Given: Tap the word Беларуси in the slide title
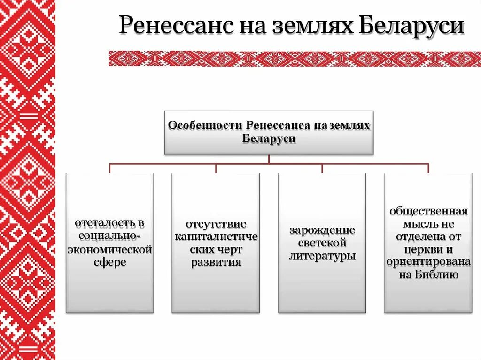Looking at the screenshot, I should pos(412,26).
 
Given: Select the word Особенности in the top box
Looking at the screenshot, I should pos(204,126).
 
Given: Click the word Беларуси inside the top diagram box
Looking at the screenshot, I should pos(269,139).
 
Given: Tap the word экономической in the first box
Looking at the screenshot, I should pos(109,249).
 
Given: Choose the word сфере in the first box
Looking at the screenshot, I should pos(109,262).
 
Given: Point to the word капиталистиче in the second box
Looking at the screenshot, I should pos(216,236).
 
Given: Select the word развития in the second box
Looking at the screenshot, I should pos(216,262).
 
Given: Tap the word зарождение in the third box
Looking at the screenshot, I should pos(322,230).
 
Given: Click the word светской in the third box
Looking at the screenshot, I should pos(322,243).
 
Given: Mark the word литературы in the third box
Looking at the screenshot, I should pos(322,256).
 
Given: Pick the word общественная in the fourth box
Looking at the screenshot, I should pos(428,210).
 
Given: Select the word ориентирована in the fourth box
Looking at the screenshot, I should pos(428,262).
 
